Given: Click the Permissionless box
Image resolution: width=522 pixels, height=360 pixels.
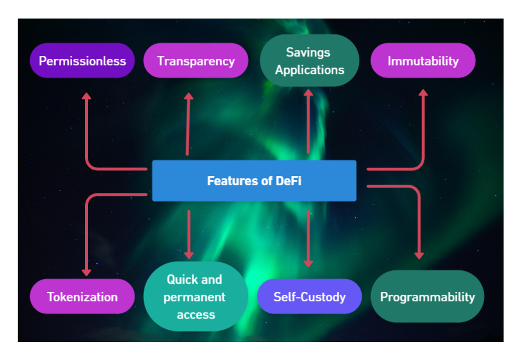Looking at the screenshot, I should pyautogui.click(x=82, y=61).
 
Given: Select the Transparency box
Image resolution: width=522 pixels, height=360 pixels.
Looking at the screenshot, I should pyautogui.click(x=196, y=61).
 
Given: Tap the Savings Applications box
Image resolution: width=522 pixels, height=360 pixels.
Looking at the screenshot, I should pyautogui.click(x=309, y=61).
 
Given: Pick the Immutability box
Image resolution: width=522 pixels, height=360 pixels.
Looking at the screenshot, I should pyautogui.click(x=423, y=61).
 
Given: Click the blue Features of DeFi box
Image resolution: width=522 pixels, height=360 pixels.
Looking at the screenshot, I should pyautogui.click(x=254, y=181).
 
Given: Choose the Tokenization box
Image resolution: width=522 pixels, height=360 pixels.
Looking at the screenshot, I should pyautogui.click(x=82, y=297).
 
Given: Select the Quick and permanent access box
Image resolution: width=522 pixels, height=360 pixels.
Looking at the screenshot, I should pyautogui.click(x=195, y=297).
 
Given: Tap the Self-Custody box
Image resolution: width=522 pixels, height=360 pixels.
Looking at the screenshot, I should pyautogui.click(x=309, y=297).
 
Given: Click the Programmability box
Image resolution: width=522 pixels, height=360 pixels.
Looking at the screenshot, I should pyautogui.click(x=427, y=297).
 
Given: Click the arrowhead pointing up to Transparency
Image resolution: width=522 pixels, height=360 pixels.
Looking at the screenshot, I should pyautogui.click(x=189, y=96).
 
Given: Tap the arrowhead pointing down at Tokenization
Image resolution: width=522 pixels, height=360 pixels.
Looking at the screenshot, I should pyautogui.click(x=86, y=272).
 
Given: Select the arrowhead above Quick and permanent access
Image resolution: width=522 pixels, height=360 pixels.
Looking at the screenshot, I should pyautogui.click(x=189, y=255).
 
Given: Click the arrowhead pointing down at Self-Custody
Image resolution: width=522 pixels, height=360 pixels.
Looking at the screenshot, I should pyautogui.click(x=309, y=263).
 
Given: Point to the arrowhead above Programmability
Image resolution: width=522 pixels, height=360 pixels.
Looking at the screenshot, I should pyautogui.click(x=419, y=255).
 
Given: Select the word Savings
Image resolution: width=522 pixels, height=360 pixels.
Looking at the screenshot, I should pyautogui.click(x=308, y=52).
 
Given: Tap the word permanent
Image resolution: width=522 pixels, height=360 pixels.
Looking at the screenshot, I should pyautogui.click(x=195, y=297).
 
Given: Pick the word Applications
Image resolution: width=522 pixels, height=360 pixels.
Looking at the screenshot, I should pyautogui.click(x=309, y=70).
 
